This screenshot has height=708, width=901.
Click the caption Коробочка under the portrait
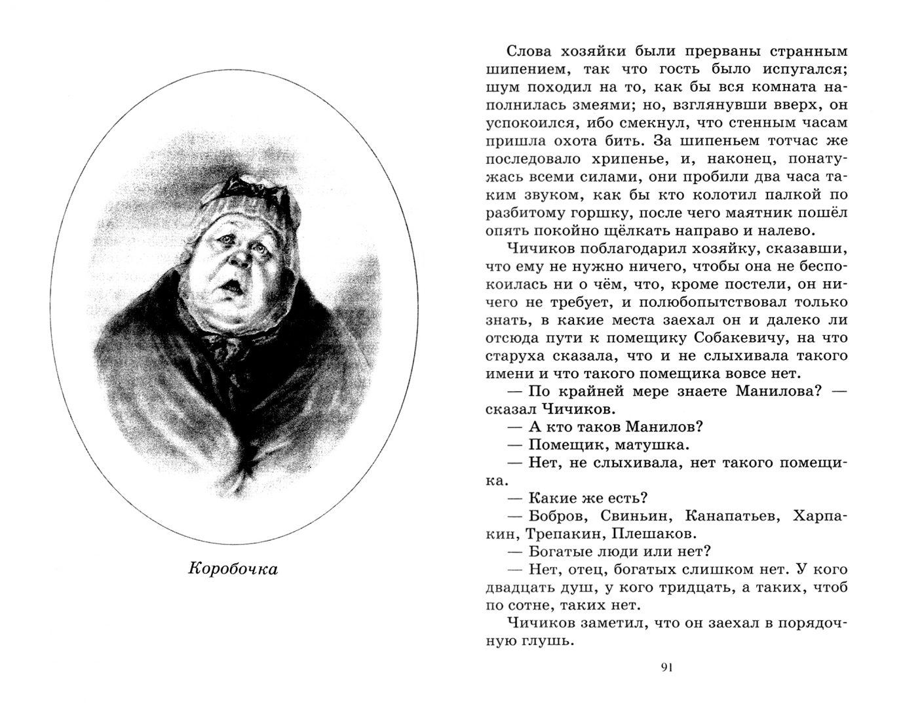point(233,568)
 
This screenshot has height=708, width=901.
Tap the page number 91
point(666,668)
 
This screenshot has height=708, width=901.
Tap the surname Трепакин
point(560,534)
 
